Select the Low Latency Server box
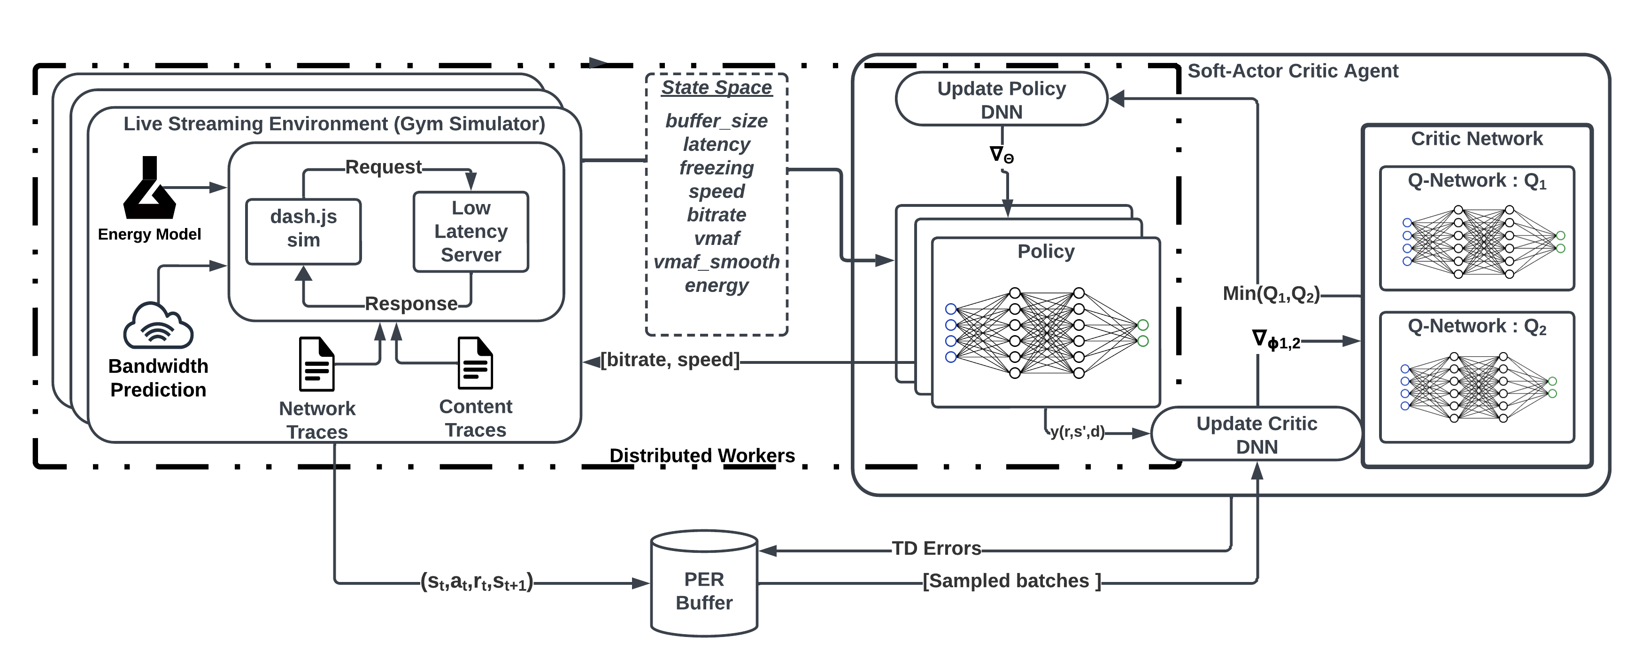[470, 232]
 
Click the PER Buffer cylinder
[704, 584]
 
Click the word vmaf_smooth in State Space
[717, 261]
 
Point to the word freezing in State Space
[717, 168]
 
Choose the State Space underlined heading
[717, 87]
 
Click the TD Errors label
[936, 548]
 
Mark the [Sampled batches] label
[1011, 581]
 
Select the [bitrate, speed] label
[670, 360]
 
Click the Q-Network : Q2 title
[1476, 327]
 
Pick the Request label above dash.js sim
[383, 167]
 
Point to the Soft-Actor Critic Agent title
[1292, 71]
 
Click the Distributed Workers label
[702, 456]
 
